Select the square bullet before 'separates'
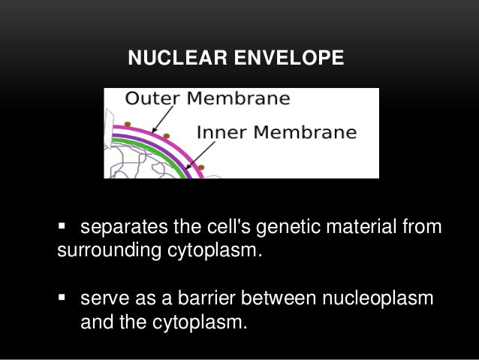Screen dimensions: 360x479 click(x=62, y=226)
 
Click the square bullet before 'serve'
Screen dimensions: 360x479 click(x=62, y=298)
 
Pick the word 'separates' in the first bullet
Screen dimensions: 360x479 click(x=117, y=227)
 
